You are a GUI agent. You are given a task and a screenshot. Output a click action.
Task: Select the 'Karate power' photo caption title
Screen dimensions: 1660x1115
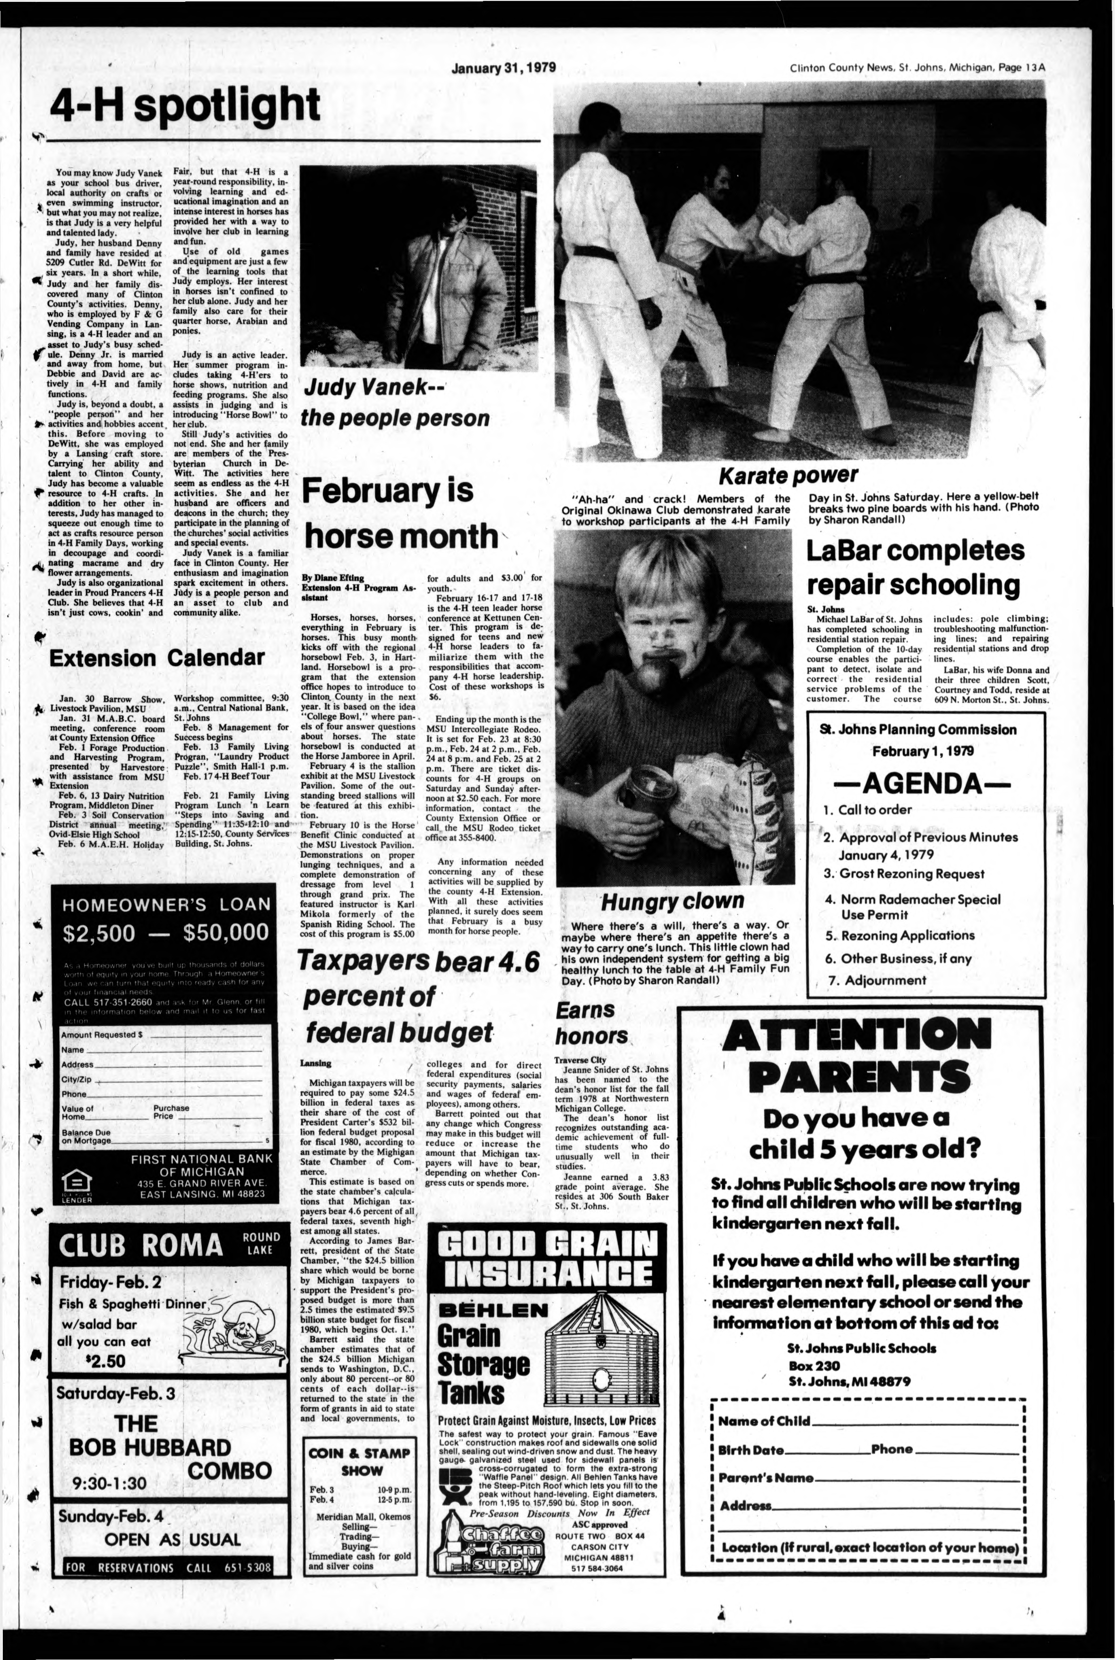788,475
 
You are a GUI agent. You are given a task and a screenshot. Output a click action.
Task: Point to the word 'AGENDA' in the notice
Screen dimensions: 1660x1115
926,783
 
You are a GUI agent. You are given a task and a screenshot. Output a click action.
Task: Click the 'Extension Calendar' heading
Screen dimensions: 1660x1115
156,657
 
